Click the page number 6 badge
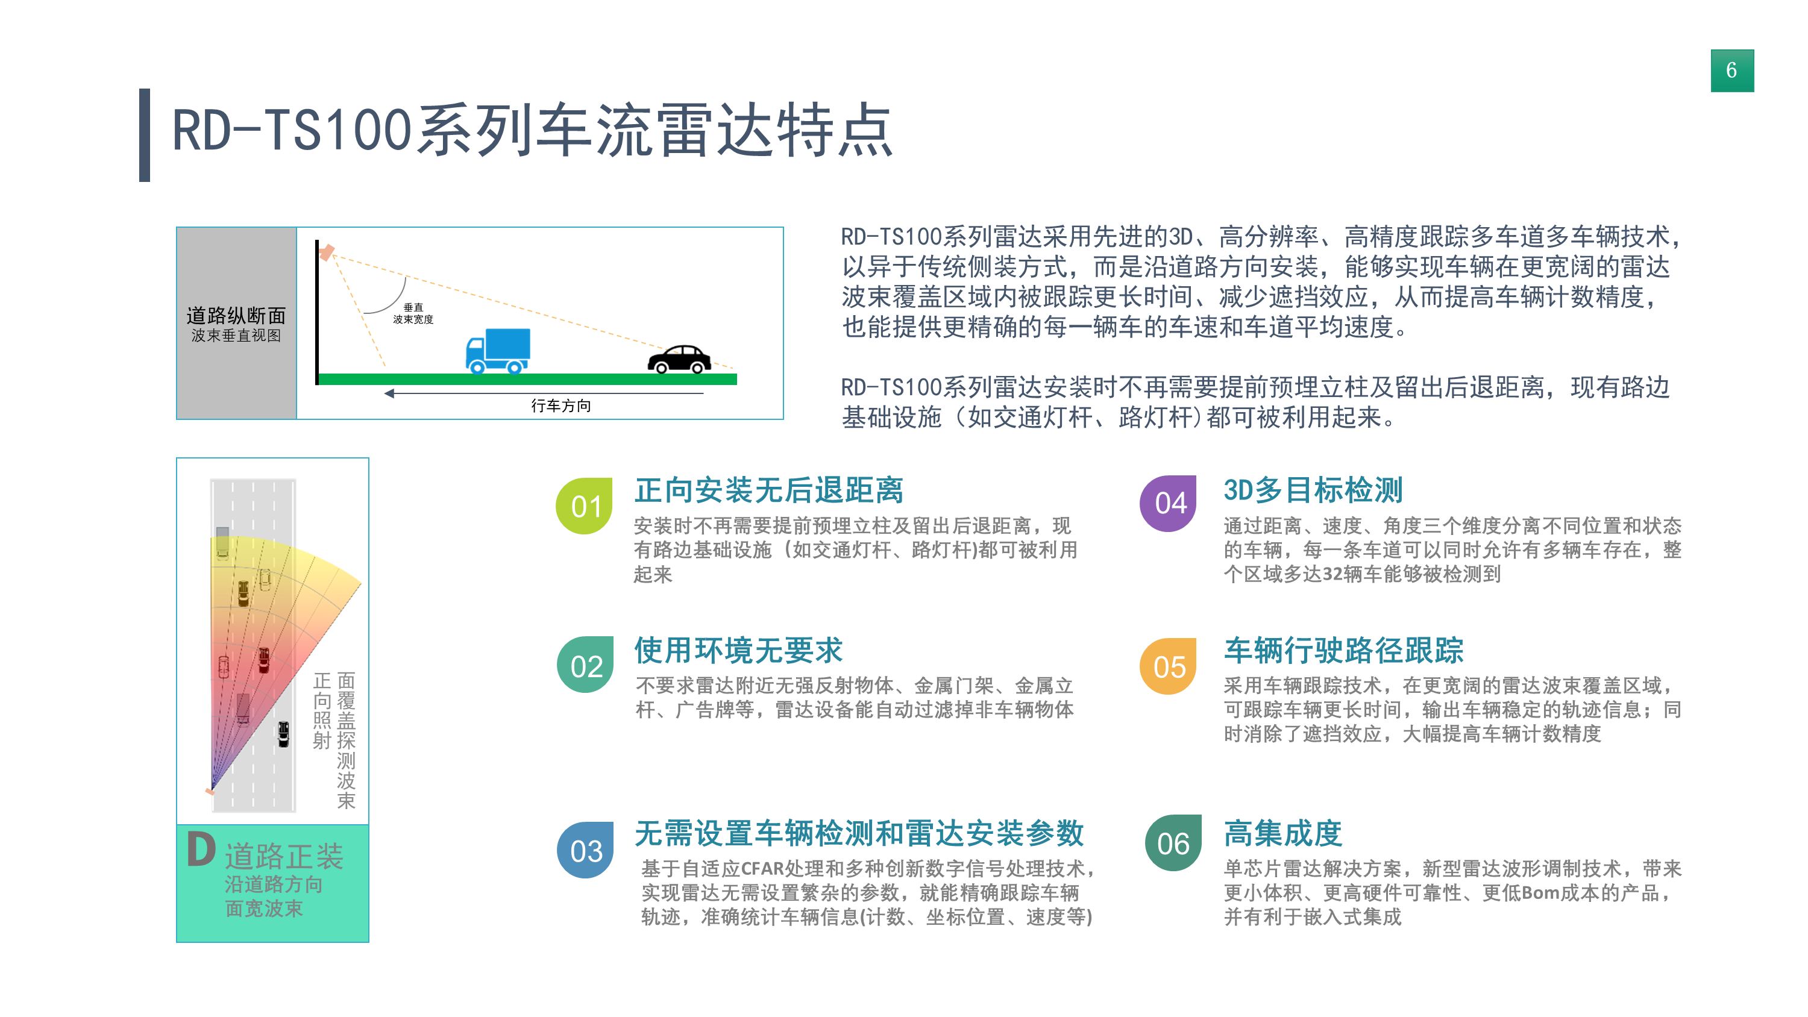tap(1731, 70)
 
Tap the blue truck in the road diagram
tap(498, 350)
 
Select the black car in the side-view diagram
tap(679, 358)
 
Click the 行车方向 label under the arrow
tap(561, 405)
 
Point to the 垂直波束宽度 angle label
tap(413, 313)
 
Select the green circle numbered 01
tap(584, 506)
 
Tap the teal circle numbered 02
tap(585, 665)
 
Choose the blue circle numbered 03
tap(585, 850)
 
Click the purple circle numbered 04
tap(1169, 503)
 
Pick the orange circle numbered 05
tap(1169, 667)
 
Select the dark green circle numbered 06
tap(1173, 843)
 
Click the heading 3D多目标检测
tap(1313, 490)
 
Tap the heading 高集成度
tap(1283, 834)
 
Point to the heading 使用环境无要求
tap(738, 651)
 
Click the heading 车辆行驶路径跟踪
tap(1343, 651)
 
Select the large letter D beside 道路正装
tap(201, 850)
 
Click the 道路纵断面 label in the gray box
tap(236, 315)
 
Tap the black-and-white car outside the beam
tap(283, 734)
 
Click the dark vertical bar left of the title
tap(145, 135)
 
